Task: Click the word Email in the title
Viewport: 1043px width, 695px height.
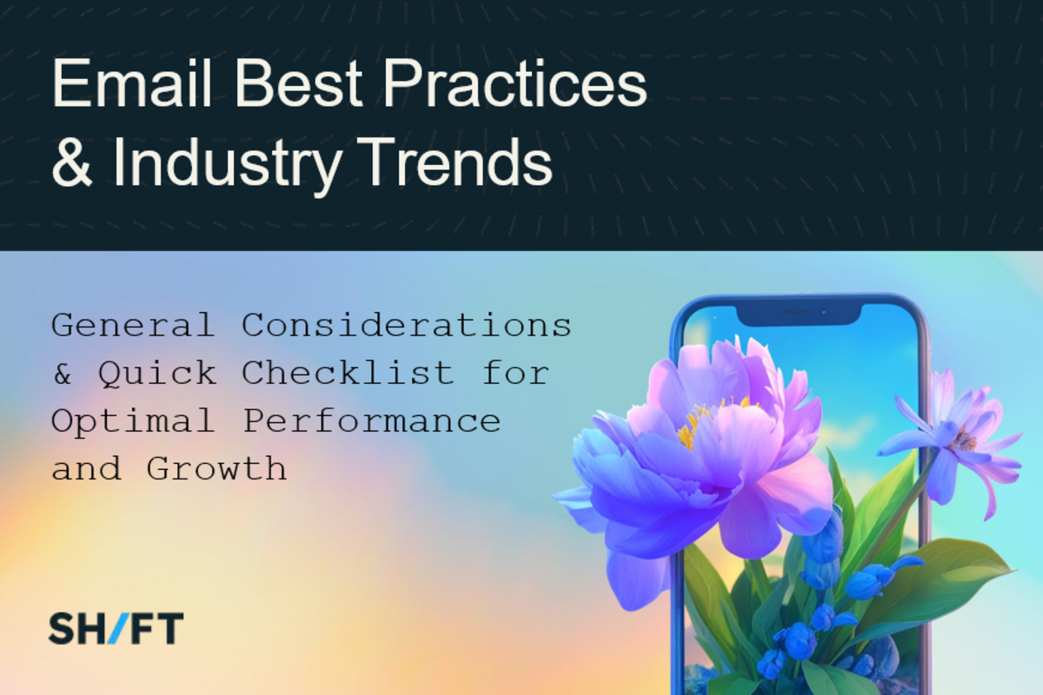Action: tap(132, 83)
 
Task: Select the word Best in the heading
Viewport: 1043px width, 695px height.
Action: tap(298, 83)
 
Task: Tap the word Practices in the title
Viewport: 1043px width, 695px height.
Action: tap(515, 83)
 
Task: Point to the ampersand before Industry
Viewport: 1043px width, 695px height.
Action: tap(72, 162)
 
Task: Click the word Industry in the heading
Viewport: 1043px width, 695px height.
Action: tap(228, 167)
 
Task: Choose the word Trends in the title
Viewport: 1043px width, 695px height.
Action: tap(455, 162)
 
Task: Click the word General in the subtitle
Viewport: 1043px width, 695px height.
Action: tap(133, 325)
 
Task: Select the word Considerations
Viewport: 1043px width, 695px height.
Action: tap(407, 325)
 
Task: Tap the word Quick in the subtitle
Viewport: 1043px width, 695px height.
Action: tap(157, 374)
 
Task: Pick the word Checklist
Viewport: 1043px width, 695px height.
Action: tap(348, 373)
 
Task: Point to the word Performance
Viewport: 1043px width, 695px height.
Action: tap(372, 421)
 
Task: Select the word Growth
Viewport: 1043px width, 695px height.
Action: tap(216, 468)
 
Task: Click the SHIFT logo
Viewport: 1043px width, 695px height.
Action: tap(116, 628)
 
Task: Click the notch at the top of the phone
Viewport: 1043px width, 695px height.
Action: tap(799, 314)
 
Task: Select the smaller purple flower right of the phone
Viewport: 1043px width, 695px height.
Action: tap(953, 442)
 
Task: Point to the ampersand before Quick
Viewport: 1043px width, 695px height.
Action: tap(63, 374)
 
